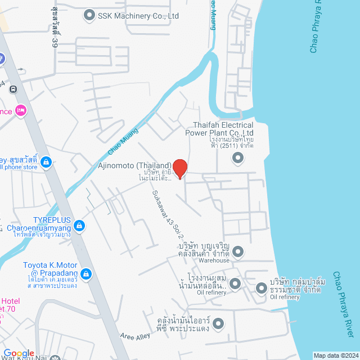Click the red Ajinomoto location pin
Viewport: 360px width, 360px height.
(x=179, y=168)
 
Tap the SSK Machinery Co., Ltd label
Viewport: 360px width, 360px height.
(x=138, y=16)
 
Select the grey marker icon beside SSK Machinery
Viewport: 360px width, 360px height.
(x=89, y=15)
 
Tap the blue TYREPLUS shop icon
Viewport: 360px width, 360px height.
(x=80, y=226)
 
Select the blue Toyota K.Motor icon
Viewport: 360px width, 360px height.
(x=86, y=274)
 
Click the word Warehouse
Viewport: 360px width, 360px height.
(x=213, y=260)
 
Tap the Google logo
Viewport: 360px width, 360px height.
(x=19, y=353)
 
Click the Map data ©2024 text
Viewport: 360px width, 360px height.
(x=335, y=355)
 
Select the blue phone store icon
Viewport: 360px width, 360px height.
(x=46, y=163)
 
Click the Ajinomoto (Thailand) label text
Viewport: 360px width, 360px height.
(x=141, y=165)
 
